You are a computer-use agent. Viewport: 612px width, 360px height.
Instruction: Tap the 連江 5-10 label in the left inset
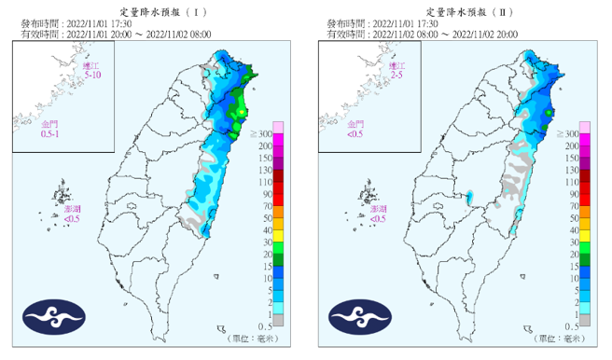click(x=89, y=71)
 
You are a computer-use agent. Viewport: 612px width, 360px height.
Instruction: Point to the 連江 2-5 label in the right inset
click(x=396, y=71)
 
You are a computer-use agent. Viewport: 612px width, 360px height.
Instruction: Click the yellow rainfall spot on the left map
click(x=241, y=113)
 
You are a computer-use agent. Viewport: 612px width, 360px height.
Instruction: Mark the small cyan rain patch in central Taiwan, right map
click(x=470, y=197)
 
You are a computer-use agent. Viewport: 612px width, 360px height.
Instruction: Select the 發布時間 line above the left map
click(x=78, y=23)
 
